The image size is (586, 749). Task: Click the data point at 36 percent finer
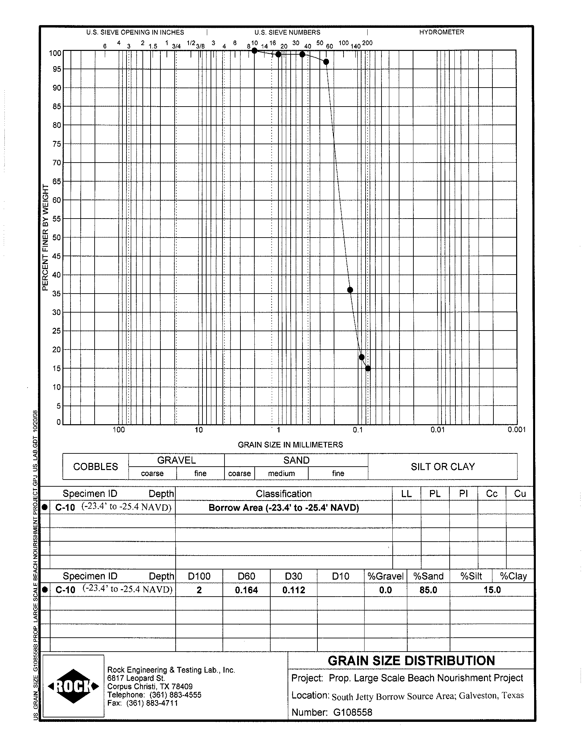(x=350, y=290)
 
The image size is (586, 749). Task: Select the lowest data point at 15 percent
(x=368, y=368)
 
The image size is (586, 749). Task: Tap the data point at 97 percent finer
(x=326, y=62)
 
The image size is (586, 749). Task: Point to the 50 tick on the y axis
(x=57, y=238)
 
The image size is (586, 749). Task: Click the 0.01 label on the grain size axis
(x=437, y=430)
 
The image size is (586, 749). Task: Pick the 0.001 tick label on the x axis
(x=517, y=430)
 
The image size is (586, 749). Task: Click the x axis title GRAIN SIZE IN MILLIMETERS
(x=290, y=445)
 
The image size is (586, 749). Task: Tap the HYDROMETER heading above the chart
(x=442, y=32)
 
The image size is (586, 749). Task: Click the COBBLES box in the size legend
(x=95, y=467)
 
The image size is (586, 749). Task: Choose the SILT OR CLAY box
(x=443, y=467)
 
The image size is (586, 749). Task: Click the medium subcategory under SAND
(x=281, y=473)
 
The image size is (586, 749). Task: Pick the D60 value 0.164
(x=246, y=590)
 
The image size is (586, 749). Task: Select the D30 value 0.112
(x=294, y=590)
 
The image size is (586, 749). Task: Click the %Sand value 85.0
(x=428, y=590)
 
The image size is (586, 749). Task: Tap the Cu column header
(x=520, y=493)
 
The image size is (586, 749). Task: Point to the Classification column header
(x=284, y=493)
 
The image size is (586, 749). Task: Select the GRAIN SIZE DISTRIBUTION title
(x=411, y=661)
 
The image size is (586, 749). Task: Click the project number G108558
(x=353, y=712)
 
